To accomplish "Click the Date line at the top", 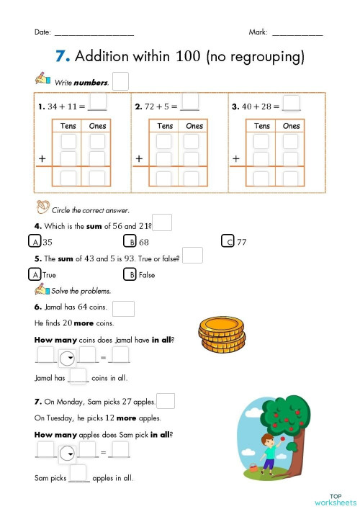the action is point(94,34).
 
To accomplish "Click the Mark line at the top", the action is point(297,34).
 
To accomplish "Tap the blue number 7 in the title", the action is point(63,57).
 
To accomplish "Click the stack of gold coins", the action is point(222,335).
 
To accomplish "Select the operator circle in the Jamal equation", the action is point(67,357).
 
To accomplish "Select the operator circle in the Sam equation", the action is point(67,452).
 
